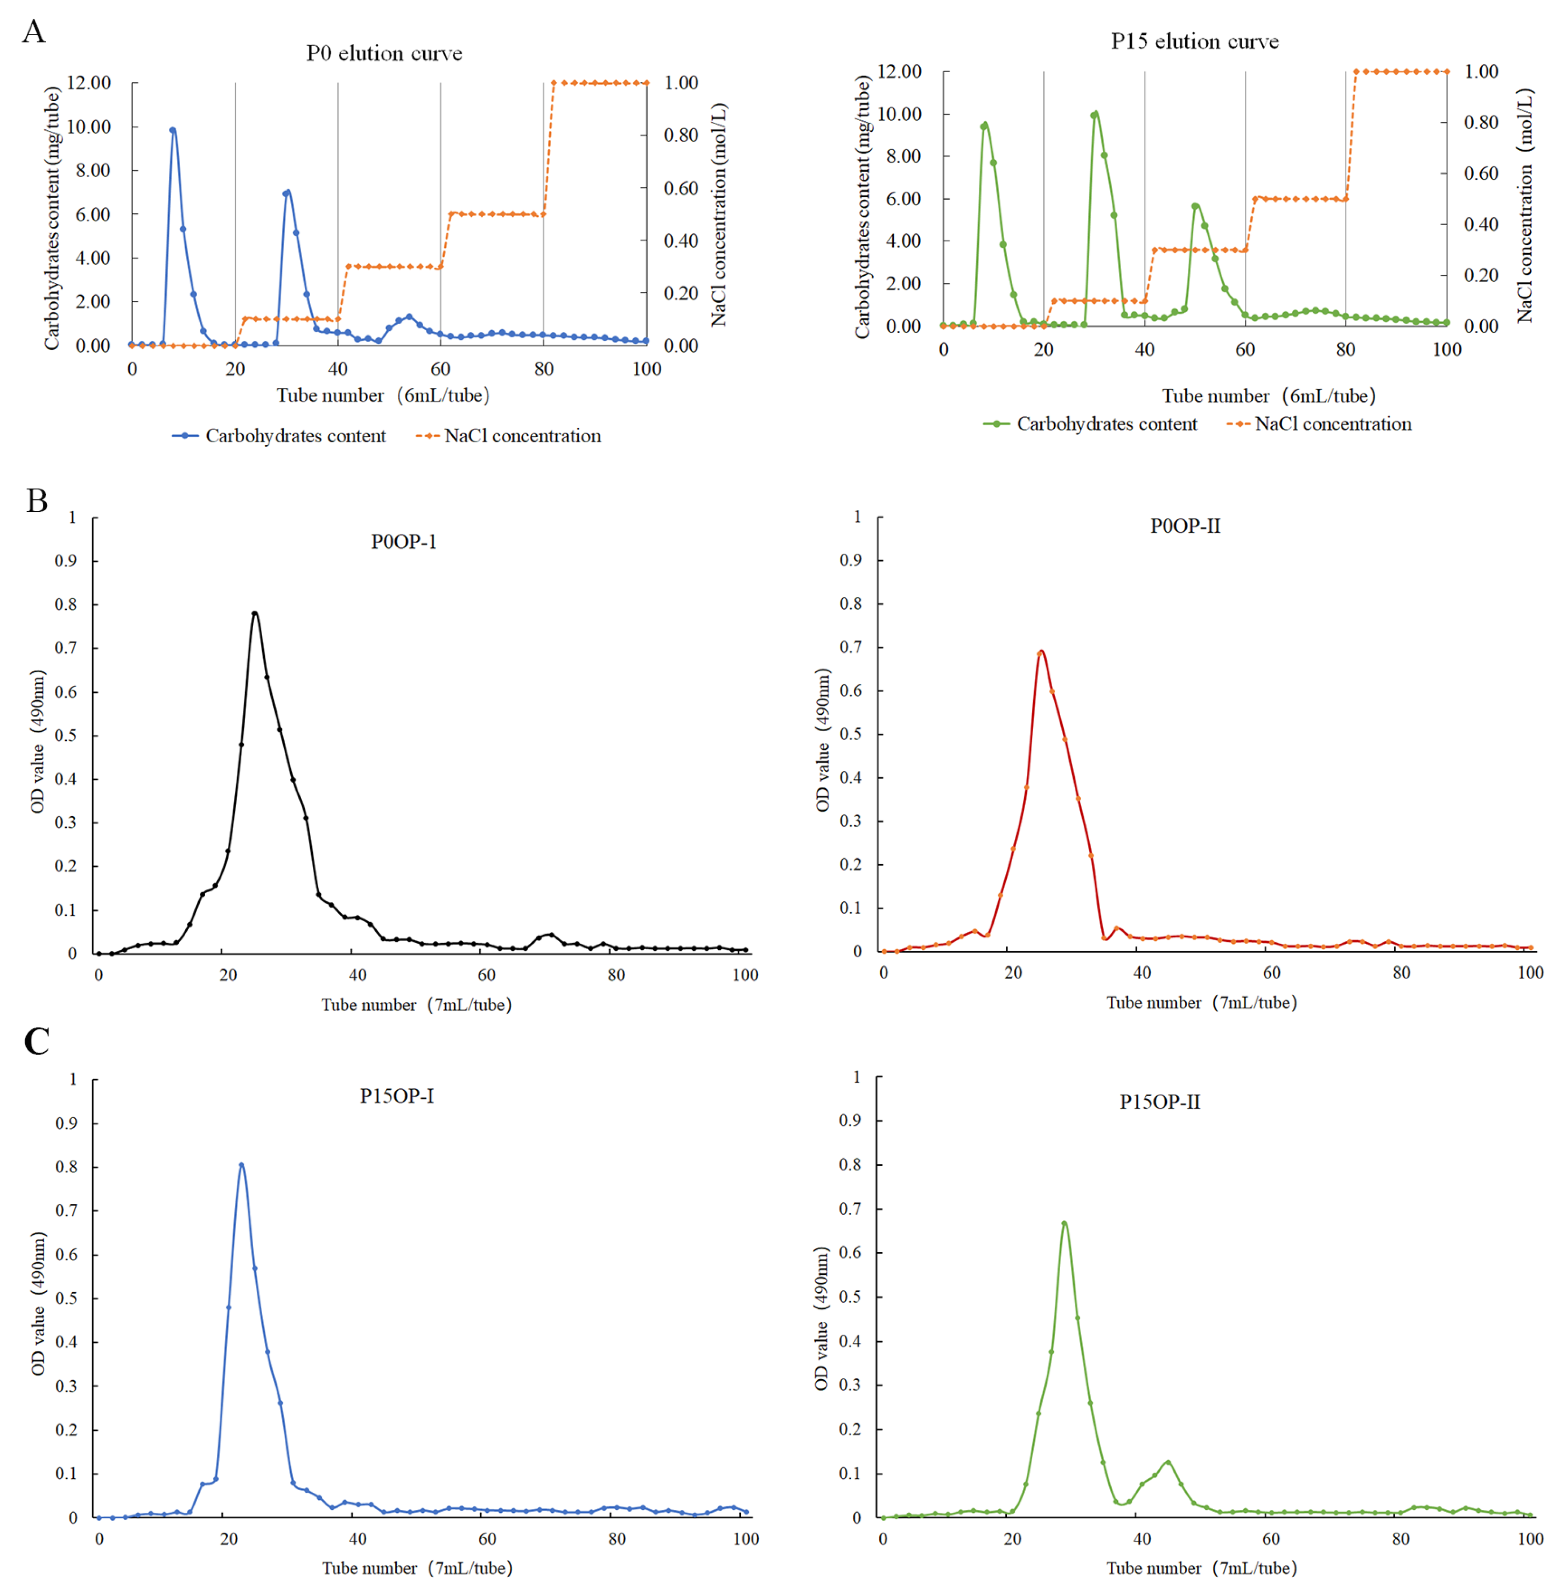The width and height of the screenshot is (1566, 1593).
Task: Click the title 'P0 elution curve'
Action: pos(384,54)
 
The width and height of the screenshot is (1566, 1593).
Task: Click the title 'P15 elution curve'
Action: pos(1194,42)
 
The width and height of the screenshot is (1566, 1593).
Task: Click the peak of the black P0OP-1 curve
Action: pos(255,613)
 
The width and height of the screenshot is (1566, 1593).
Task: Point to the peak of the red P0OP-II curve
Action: pos(1041,651)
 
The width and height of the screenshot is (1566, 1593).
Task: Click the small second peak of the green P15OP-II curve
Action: pos(1168,1461)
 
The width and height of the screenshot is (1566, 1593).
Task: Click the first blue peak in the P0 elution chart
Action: pos(173,129)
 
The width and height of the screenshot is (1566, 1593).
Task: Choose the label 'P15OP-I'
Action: pos(396,1096)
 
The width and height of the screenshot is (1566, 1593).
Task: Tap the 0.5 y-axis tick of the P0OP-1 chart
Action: pos(66,735)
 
